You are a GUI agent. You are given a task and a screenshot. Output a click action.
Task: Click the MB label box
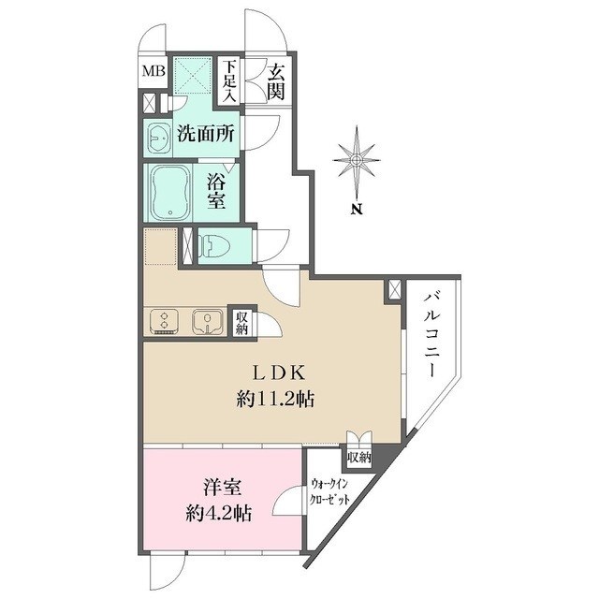pyautogui.click(x=153, y=71)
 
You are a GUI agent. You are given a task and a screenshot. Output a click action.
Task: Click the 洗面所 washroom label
pyautogui.click(x=205, y=135)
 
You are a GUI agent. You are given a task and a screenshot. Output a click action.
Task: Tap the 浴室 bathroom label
pyautogui.click(x=216, y=189)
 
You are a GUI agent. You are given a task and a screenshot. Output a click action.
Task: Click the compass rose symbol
pyautogui.click(x=356, y=160)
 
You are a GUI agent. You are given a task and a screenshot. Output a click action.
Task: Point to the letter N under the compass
pyautogui.click(x=356, y=209)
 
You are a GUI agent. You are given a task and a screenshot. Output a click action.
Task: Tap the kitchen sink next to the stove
pyautogui.click(x=204, y=321)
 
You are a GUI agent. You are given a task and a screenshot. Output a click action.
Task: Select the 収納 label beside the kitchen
pyautogui.click(x=241, y=323)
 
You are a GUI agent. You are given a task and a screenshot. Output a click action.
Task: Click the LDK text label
pyautogui.click(x=274, y=373)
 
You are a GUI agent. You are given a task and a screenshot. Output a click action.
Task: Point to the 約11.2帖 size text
pyautogui.click(x=274, y=400)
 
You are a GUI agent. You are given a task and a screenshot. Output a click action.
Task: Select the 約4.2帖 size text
pyautogui.click(x=218, y=513)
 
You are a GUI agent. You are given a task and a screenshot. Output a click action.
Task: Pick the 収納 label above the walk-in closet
pyautogui.click(x=358, y=458)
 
